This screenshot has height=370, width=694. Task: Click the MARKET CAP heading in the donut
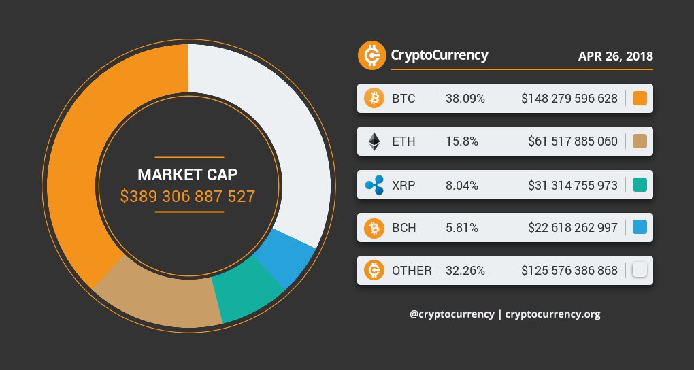coord(188,175)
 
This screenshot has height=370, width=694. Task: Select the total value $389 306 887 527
coord(188,197)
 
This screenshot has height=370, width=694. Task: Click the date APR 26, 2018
coord(615,56)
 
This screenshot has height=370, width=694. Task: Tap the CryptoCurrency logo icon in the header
coord(371,55)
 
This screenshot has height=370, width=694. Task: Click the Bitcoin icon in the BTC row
coord(374,99)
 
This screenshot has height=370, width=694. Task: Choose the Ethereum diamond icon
coord(374,141)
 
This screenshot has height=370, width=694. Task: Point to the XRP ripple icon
coord(374,184)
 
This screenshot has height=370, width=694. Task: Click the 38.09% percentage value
coord(465,99)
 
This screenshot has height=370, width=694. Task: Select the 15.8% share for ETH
coord(462,141)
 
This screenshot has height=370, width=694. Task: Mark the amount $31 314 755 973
coord(573,184)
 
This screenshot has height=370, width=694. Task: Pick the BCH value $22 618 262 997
coord(573,227)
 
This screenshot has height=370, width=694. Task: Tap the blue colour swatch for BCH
coord(639,227)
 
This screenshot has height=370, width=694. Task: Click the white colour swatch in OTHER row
coord(639,270)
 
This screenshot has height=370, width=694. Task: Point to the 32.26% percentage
coord(465,270)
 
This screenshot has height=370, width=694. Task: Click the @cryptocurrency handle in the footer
coord(452,314)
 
